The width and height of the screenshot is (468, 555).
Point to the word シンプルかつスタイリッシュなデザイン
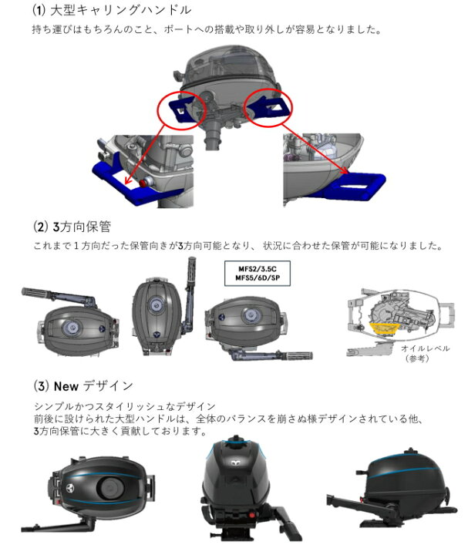(x=124, y=405)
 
